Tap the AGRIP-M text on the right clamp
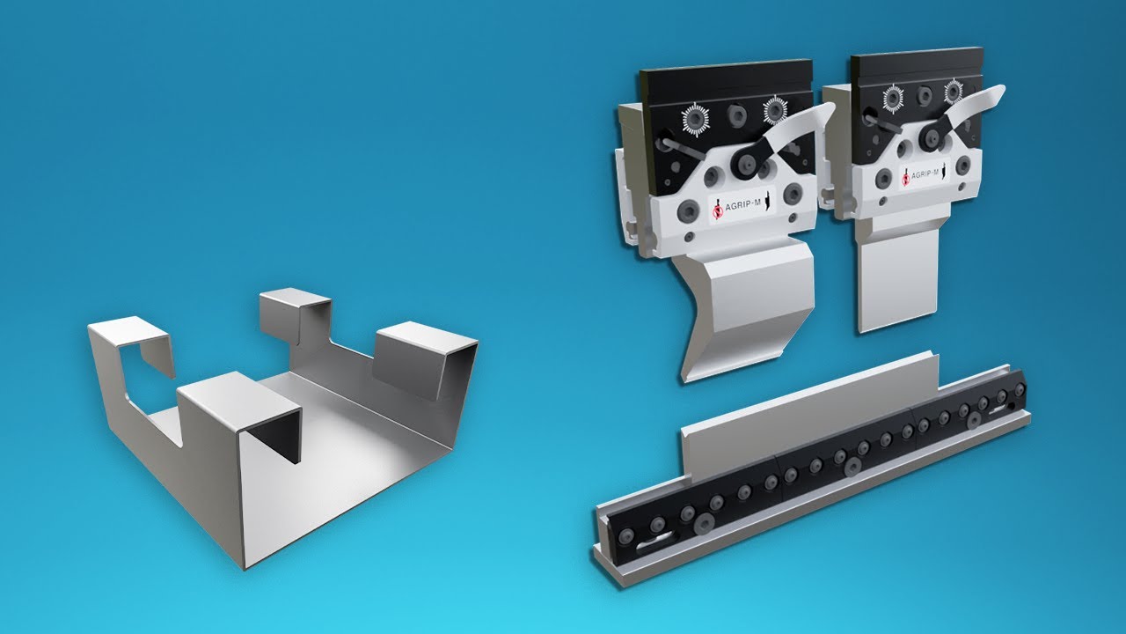[x=925, y=174]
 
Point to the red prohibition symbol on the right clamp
[x=906, y=179]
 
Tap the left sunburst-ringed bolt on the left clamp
[x=695, y=119]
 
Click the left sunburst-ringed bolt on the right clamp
[x=893, y=97]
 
